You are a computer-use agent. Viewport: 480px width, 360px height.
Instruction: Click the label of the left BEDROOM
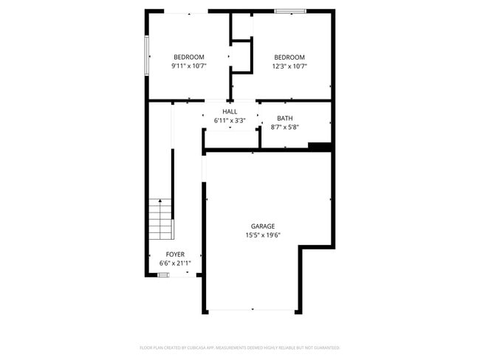click(x=188, y=57)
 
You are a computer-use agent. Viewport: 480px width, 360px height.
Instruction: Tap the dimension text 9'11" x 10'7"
click(x=188, y=66)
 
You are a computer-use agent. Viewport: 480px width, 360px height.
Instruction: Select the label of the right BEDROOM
click(x=289, y=57)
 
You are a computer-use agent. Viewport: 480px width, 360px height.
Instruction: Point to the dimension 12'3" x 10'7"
click(x=289, y=66)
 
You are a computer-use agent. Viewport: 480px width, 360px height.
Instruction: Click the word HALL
click(x=230, y=111)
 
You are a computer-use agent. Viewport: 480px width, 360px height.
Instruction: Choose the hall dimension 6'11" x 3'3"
click(x=230, y=120)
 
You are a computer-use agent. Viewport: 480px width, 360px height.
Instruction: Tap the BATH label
click(x=284, y=118)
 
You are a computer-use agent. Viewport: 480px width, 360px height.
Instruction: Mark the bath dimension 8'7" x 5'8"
click(x=284, y=127)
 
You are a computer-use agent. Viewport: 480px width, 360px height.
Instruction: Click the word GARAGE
click(x=262, y=226)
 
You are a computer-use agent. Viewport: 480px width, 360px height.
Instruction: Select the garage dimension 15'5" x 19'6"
click(x=262, y=235)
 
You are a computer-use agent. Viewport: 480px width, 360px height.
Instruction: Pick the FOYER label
click(x=175, y=254)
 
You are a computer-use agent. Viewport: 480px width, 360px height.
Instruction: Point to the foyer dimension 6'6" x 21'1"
click(x=175, y=263)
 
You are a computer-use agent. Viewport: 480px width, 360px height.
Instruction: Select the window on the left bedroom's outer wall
click(x=147, y=56)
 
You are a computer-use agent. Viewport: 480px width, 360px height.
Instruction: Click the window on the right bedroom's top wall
click(x=289, y=11)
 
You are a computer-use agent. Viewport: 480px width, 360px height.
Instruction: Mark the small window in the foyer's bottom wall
click(x=163, y=274)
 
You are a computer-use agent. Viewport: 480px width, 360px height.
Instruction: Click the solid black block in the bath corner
click(x=319, y=146)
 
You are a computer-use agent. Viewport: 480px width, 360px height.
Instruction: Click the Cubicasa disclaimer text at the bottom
click(x=239, y=347)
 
